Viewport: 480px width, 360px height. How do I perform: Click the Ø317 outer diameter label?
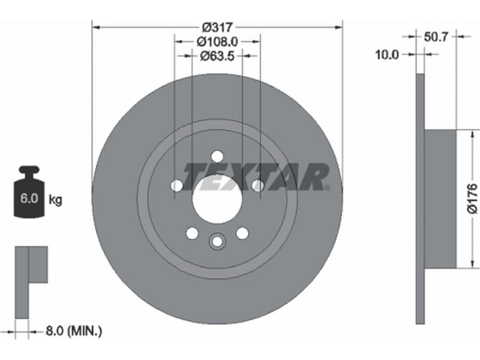pos(218,28)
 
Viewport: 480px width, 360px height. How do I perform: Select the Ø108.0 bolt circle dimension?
pos(217,41)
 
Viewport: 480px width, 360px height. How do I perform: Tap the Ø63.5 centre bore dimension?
pos(217,56)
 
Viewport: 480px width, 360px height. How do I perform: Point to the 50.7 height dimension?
pos(436,37)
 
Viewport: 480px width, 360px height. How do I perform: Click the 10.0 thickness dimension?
pos(387,55)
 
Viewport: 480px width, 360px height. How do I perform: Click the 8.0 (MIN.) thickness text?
pos(73,331)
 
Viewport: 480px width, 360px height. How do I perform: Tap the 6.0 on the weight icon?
pos(29,199)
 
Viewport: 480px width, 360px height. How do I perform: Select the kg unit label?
pos(55,200)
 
